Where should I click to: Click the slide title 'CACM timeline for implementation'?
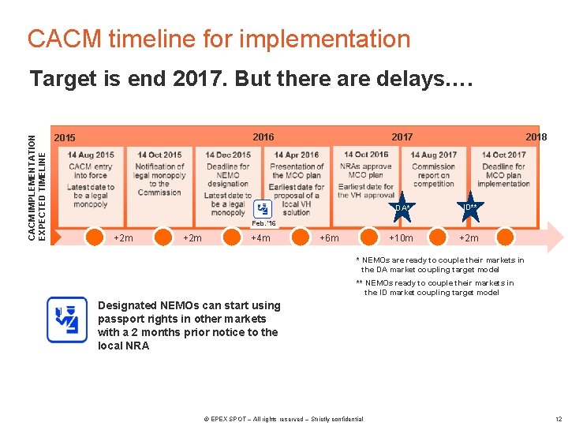pos(219,39)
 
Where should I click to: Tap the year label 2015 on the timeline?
pos(65,138)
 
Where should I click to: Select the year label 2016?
pos(263,137)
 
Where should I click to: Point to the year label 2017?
pos(402,137)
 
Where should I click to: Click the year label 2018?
pos(536,137)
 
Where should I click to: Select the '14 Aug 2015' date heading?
pos(91,155)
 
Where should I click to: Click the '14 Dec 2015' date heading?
pos(228,155)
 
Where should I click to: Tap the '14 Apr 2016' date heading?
pos(296,155)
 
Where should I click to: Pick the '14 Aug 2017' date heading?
pos(434,155)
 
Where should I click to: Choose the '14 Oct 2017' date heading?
pos(503,155)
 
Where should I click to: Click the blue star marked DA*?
pos(402,207)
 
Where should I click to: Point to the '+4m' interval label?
pos(260,238)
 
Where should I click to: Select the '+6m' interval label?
pos(329,238)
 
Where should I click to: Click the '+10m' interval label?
pos(401,238)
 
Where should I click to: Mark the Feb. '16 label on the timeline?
pos(263,224)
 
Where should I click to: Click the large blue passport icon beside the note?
pos(67,319)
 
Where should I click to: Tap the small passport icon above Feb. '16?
pos(263,208)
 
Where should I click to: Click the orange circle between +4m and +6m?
pos(301,237)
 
